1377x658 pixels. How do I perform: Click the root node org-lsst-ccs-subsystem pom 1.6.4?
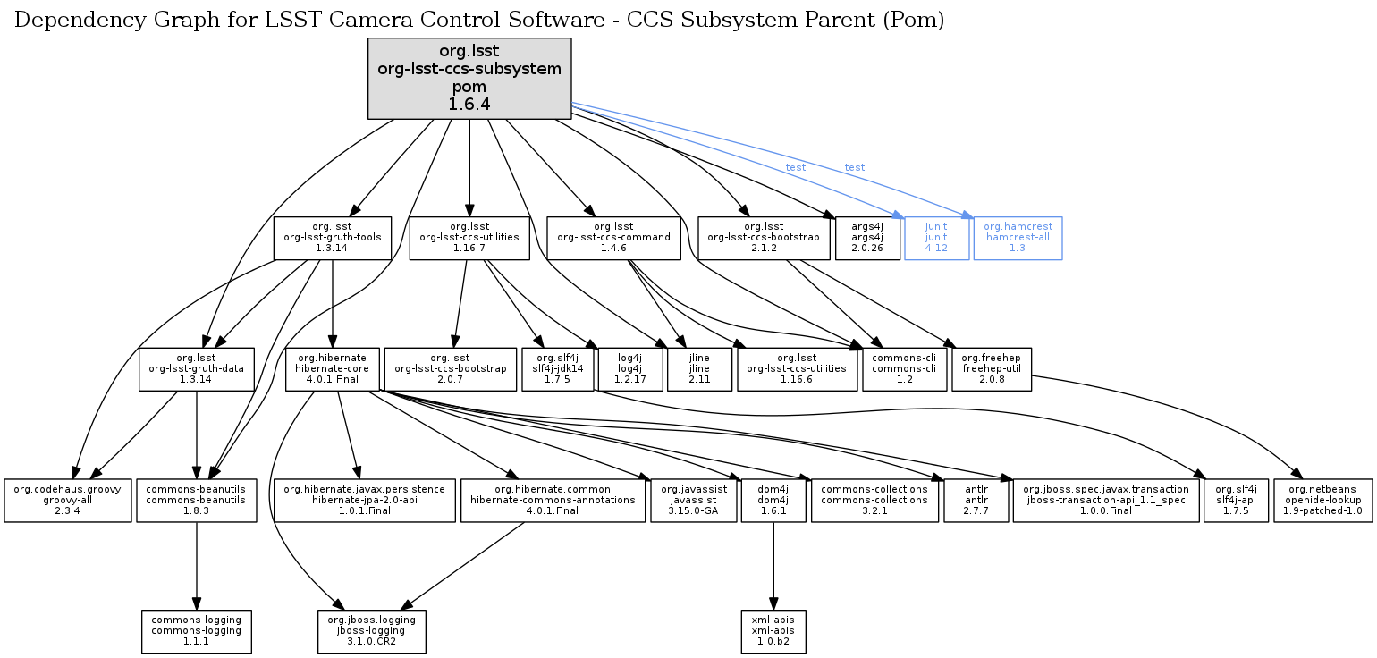pos(469,79)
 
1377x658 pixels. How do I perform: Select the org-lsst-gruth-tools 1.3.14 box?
pos(332,238)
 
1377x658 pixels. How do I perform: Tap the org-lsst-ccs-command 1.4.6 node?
pos(613,238)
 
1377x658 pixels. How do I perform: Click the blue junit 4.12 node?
pos(936,238)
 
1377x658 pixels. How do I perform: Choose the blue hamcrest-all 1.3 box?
pos(1018,238)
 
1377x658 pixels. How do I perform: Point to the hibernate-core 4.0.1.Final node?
pos(332,369)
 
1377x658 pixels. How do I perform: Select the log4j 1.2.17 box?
pos(630,369)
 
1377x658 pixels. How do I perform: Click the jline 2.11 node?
pos(699,369)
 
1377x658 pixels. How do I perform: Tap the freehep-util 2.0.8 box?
pos(992,369)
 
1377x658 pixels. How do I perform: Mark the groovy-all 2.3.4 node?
pos(67,501)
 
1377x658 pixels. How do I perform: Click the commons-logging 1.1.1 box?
pos(197,631)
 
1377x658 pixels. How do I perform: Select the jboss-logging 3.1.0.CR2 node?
pos(372,631)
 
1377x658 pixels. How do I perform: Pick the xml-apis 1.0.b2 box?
pos(773,631)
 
